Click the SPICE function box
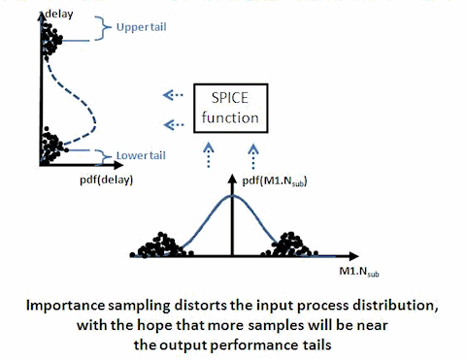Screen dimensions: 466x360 point(231,109)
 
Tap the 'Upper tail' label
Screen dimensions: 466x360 point(142,27)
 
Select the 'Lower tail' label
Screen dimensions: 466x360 point(141,155)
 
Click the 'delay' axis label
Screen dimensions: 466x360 point(59,15)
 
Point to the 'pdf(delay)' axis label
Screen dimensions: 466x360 point(107,180)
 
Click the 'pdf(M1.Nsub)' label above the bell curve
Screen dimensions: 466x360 point(275,180)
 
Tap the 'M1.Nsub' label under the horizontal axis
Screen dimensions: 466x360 point(359,272)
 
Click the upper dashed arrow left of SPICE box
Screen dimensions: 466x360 point(173,95)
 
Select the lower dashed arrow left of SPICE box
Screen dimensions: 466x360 point(174,124)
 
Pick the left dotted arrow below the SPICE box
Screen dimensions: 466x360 point(209,155)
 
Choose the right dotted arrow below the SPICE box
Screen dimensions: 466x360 point(253,156)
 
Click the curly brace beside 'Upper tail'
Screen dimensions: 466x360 point(103,28)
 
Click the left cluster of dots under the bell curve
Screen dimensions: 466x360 point(161,246)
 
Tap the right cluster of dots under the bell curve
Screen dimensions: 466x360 point(290,245)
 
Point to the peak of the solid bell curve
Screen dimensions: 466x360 point(232,195)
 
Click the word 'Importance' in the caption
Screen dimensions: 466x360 point(65,306)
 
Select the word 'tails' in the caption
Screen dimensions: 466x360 point(316,345)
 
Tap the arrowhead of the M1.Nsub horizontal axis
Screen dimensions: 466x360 point(353,256)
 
